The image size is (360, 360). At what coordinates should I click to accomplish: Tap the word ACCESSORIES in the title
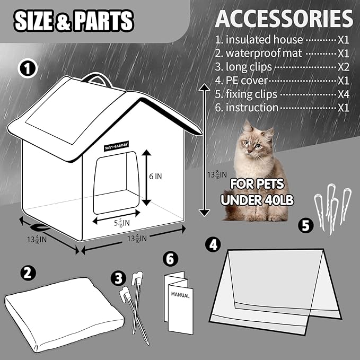(x=284, y=19)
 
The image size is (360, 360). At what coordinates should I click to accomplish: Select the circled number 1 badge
(x=28, y=68)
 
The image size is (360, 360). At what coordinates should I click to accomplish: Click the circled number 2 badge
(x=29, y=273)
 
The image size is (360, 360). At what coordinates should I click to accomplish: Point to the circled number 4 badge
(x=213, y=244)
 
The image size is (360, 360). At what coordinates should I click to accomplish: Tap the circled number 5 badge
(x=305, y=225)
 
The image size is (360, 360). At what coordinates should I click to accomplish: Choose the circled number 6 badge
(x=169, y=259)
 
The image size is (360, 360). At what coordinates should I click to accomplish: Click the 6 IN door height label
(x=155, y=177)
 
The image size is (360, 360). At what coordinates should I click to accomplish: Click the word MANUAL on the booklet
(x=180, y=295)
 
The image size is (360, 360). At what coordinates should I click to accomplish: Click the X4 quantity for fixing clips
(x=344, y=94)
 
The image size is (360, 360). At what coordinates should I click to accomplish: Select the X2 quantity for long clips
(x=344, y=67)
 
